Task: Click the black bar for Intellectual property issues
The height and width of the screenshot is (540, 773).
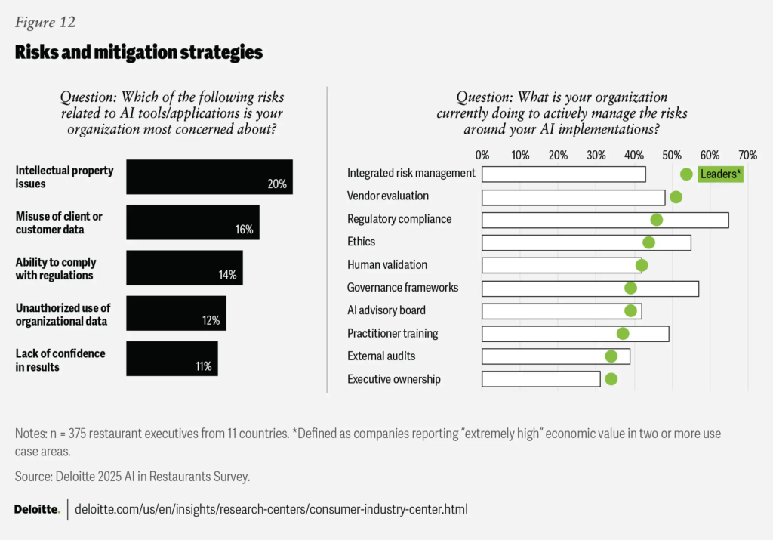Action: coord(209,177)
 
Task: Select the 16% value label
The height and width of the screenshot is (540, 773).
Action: coord(243,230)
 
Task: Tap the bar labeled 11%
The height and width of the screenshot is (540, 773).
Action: coord(172,359)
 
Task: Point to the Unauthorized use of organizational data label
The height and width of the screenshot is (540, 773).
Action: coord(63,314)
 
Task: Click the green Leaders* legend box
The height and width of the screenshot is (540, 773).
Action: coord(721,174)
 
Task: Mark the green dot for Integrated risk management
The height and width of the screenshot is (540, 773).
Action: coord(686,174)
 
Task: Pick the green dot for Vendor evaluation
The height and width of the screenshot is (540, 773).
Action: coord(676,197)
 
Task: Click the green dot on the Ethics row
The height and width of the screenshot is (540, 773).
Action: coord(648,242)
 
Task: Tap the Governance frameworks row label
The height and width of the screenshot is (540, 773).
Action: coord(402,288)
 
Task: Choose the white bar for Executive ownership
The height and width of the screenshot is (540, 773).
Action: coord(541,379)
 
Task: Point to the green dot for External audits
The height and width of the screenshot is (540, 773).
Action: coord(611,356)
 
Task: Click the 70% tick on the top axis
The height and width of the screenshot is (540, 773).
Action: coord(747,156)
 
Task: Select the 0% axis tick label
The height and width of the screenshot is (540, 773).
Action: coord(482,156)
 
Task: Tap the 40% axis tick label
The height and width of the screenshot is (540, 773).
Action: coord(634,156)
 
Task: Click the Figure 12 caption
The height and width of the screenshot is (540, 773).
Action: coord(45,22)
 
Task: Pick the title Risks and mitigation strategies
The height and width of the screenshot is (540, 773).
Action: coord(138,52)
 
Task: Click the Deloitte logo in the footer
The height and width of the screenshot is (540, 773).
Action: coord(37,509)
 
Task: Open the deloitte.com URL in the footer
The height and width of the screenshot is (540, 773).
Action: coord(271,509)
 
